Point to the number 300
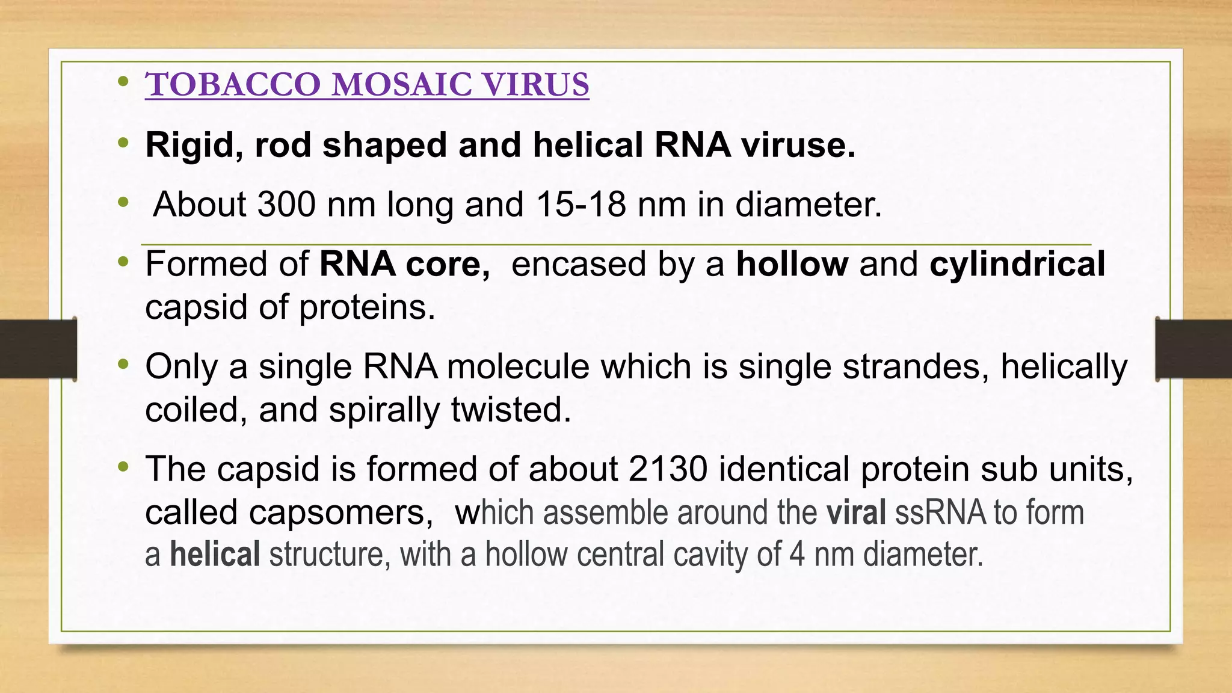[286, 205]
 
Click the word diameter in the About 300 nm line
[808, 205]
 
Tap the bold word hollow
[792, 264]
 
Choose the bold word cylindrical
[1017, 264]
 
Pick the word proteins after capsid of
[366, 307]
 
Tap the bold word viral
[855, 513]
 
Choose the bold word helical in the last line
[215, 554]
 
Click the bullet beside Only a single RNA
[124, 364]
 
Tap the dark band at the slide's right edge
[1193, 349]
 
